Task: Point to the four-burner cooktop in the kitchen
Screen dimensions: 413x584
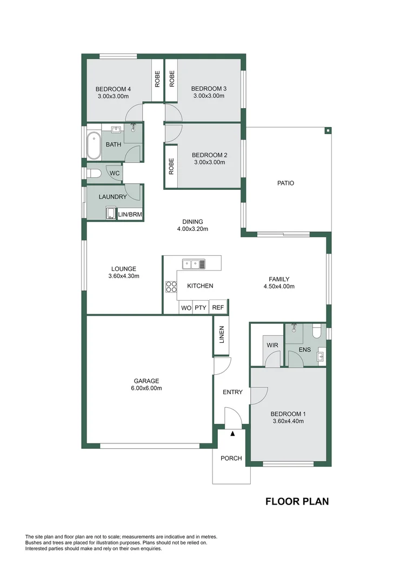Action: tap(171, 287)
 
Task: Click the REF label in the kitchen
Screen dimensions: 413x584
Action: tap(218, 308)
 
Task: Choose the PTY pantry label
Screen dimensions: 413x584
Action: tap(201, 308)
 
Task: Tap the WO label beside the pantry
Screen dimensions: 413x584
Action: tap(186, 308)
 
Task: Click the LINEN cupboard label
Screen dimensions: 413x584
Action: tap(222, 335)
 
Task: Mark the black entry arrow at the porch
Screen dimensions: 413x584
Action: tap(233, 434)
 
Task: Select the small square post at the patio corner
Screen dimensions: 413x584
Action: tap(328, 131)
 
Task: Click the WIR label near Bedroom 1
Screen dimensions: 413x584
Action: tap(272, 345)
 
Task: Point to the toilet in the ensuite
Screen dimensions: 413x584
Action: tap(317, 331)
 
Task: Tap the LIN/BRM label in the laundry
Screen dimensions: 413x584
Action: tap(130, 215)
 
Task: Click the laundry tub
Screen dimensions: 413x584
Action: tap(111, 213)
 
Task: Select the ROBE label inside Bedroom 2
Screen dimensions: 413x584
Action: tap(171, 167)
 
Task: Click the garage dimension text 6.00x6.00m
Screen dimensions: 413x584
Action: tap(146, 388)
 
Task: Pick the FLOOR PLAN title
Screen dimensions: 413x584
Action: tap(297, 501)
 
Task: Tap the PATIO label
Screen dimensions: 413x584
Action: tap(285, 183)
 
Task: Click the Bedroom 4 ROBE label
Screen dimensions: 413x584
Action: tap(157, 79)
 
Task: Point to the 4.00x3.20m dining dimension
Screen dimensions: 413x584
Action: tap(192, 229)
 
